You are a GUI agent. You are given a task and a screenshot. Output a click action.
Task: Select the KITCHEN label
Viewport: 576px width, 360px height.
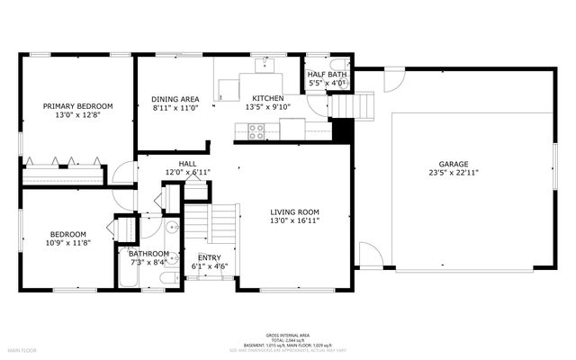pyautogui.click(x=267, y=98)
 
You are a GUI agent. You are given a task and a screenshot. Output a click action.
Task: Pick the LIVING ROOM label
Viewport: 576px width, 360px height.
pyautogui.click(x=294, y=211)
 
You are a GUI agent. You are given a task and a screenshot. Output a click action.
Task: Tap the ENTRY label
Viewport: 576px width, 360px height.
pyautogui.click(x=210, y=257)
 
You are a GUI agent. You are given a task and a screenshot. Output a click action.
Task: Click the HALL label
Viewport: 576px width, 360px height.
pyautogui.click(x=187, y=163)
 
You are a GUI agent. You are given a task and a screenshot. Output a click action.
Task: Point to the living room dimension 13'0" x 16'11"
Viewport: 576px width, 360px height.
pyautogui.click(x=294, y=220)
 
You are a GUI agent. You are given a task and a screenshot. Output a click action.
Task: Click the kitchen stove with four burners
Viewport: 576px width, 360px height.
pyautogui.click(x=256, y=130)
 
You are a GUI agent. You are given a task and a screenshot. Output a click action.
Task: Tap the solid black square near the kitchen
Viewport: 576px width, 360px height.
pyautogui.click(x=341, y=130)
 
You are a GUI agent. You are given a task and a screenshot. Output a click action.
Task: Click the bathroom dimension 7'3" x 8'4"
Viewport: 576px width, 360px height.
pyautogui.click(x=148, y=263)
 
